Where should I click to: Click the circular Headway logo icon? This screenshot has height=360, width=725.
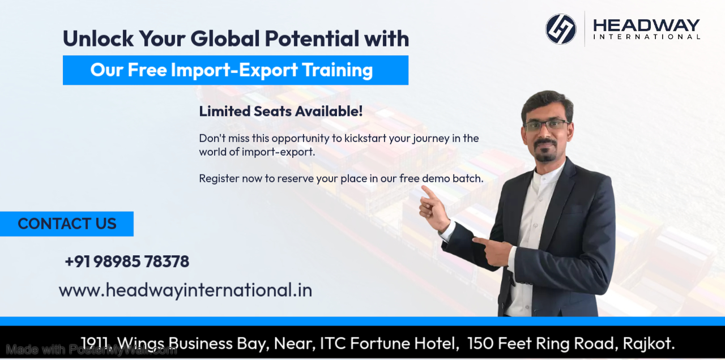click(x=561, y=29)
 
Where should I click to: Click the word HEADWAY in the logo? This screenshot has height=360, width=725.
click(x=646, y=25)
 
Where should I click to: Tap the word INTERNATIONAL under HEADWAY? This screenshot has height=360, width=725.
click(x=646, y=37)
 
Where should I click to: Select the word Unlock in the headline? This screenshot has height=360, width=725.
click(x=97, y=38)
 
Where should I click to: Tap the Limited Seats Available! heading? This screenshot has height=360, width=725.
click(x=280, y=111)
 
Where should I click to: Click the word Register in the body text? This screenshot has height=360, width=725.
click(x=219, y=178)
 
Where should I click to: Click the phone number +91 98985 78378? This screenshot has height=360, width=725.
click(x=127, y=262)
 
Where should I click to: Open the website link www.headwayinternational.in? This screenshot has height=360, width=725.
click(x=185, y=290)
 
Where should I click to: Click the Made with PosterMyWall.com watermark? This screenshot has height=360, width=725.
click(x=91, y=350)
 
